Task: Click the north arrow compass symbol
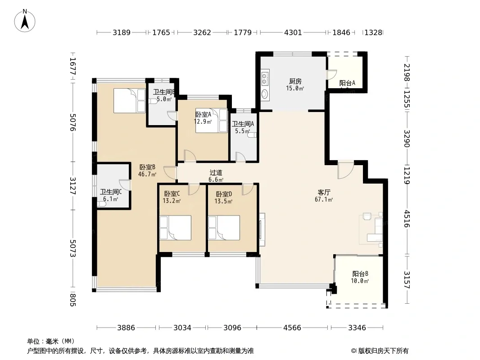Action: (x=25, y=21)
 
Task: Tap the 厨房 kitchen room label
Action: (x=295, y=81)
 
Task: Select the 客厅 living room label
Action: (x=324, y=193)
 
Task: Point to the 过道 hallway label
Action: (x=216, y=172)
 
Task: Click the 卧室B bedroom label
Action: (x=147, y=167)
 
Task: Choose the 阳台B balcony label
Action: (x=360, y=274)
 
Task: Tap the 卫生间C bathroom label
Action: (x=111, y=192)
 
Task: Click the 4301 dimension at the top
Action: (x=293, y=32)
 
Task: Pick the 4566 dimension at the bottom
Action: (x=292, y=328)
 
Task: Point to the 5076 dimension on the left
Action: (x=73, y=122)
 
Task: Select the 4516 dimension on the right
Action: (x=407, y=218)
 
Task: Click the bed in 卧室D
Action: (x=224, y=228)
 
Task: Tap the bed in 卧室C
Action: (x=176, y=228)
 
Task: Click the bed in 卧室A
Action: (x=212, y=121)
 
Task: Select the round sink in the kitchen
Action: (x=265, y=94)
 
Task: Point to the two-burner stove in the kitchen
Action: (x=265, y=78)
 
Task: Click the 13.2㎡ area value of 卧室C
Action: (x=172, y=201)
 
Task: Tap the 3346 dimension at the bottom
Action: (x=357, y=328)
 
